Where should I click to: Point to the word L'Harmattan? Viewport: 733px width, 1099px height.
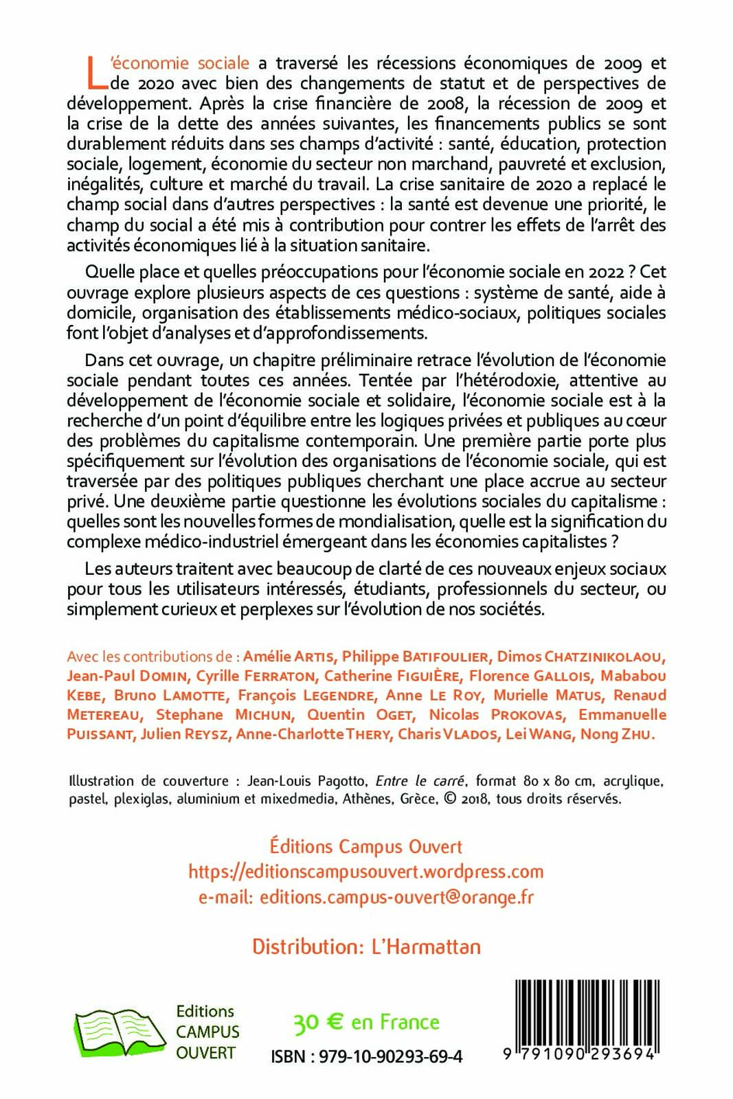(426, 947)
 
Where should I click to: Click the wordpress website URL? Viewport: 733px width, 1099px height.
(366, 872)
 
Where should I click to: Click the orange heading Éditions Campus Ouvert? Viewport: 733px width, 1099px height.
(366, 846)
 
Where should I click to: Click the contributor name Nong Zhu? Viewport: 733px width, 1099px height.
(616, 734)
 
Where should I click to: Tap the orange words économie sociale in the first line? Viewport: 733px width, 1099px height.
(180, 63)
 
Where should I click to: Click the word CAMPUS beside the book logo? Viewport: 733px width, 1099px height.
(207, 1032)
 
